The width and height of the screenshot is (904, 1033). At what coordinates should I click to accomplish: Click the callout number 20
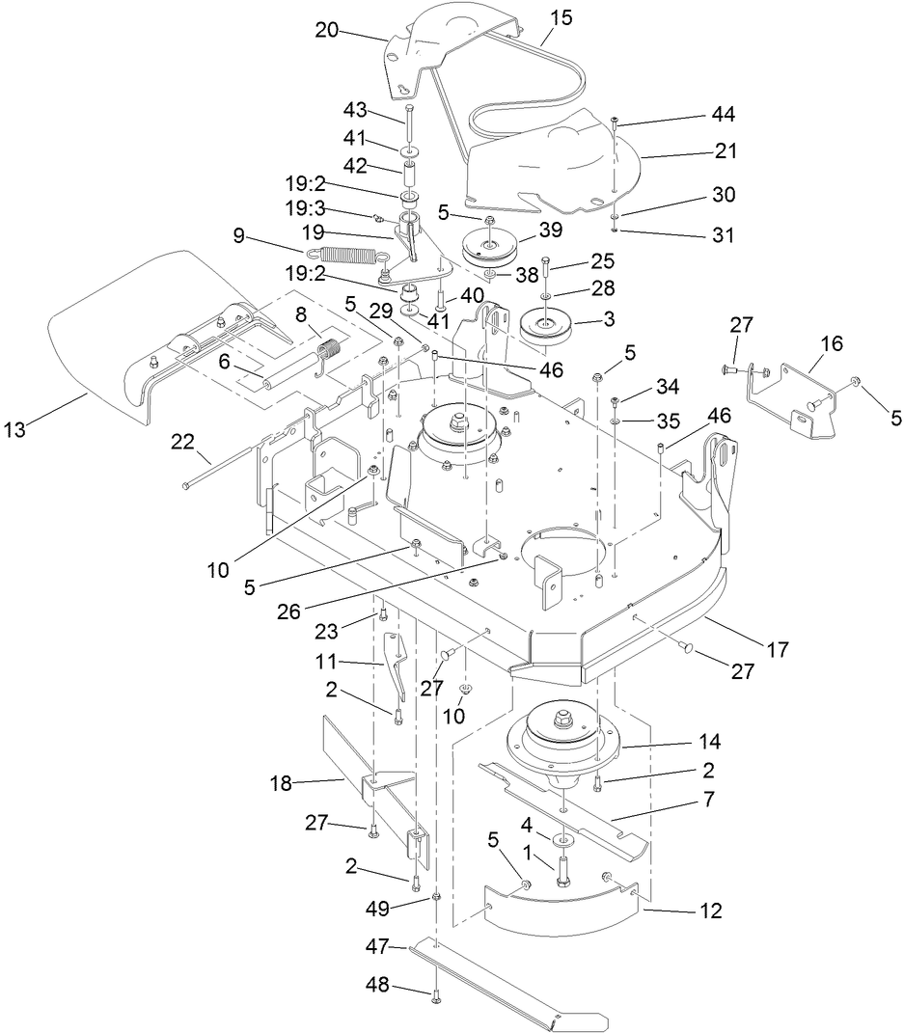pos(329,29)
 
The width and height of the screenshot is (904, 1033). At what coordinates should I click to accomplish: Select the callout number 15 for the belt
pos(562,16)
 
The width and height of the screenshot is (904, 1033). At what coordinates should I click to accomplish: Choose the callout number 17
pos(777,651)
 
